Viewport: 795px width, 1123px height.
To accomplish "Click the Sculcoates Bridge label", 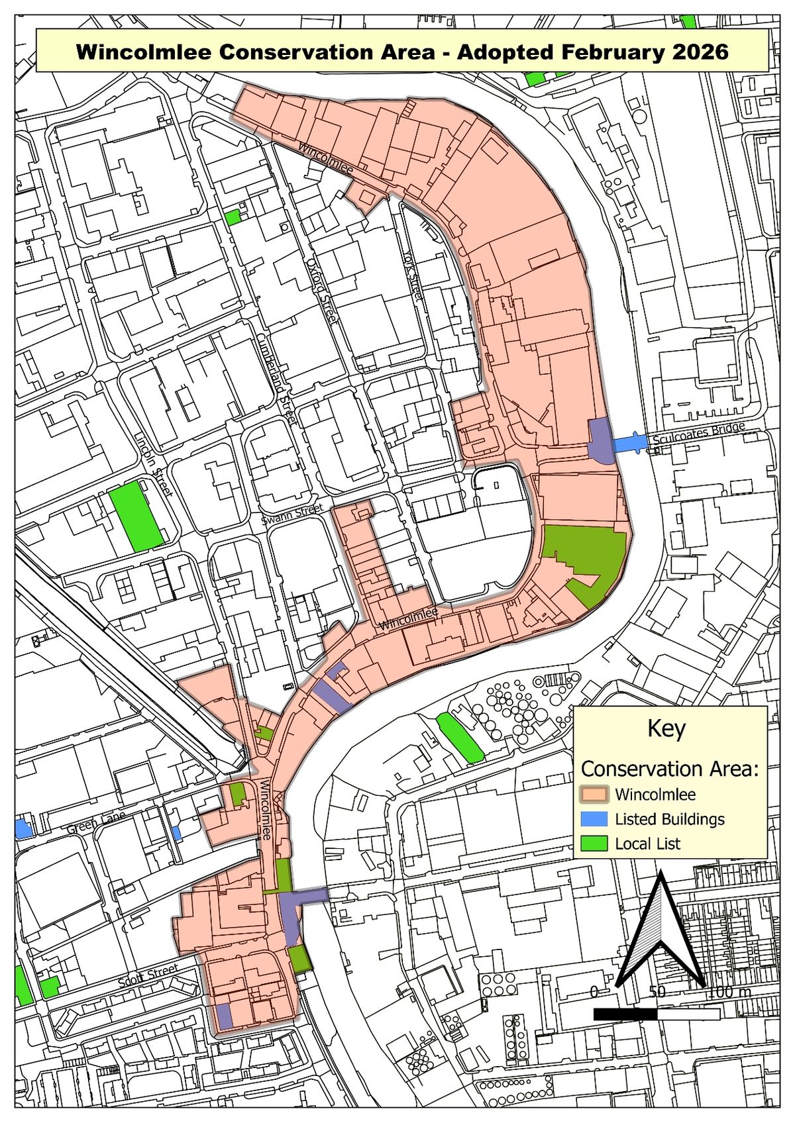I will tap(698, 435).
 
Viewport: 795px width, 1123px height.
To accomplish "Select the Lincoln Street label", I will tap(154, 465).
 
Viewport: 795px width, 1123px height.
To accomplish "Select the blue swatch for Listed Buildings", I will tap(594, 819).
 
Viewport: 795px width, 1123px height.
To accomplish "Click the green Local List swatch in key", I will tap(594, 844).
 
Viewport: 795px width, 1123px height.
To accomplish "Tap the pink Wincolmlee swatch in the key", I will tap(594, 794).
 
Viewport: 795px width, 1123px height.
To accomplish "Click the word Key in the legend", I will tap(666, 728).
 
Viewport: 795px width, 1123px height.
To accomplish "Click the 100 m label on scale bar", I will tap(729, 992).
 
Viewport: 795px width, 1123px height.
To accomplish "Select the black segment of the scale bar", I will tap(625, 1014).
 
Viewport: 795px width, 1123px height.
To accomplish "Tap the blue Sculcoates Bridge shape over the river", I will tap(629, 442).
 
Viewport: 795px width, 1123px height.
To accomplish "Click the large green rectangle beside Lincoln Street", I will tap(137, 516).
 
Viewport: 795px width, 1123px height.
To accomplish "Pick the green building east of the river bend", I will tap(460, 737).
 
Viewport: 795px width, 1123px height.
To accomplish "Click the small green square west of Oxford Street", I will tap(233, 217).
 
